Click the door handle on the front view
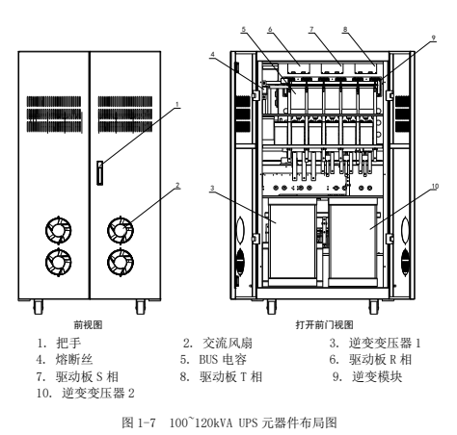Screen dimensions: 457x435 pos(100,173)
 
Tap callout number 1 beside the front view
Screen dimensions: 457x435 pos(176,104)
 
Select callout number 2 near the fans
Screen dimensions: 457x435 pos(177,185)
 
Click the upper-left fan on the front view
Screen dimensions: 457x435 pos(59,230)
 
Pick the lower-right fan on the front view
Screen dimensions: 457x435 pos(121,262)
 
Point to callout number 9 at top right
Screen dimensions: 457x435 pos(434,38)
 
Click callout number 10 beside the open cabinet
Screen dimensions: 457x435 pos(435,187)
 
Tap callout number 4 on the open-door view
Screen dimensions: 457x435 pos(212,54)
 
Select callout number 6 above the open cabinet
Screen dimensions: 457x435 pos(270,29)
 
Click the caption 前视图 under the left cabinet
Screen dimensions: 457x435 pos(88,325)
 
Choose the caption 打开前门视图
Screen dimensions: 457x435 pos(324,325)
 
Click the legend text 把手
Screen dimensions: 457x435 pos(68,343)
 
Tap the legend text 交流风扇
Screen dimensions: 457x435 pos(228,343)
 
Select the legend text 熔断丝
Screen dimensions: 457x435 pos(74,359)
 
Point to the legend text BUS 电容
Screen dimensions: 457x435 pos(223,359)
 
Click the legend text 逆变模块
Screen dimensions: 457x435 pos(377,376)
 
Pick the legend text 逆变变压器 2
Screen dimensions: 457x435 pos(98,393)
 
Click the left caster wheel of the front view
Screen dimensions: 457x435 pos(38,307)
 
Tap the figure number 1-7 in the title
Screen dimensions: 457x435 pos(147,422)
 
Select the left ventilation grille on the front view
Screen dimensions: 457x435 pos(54,115)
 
